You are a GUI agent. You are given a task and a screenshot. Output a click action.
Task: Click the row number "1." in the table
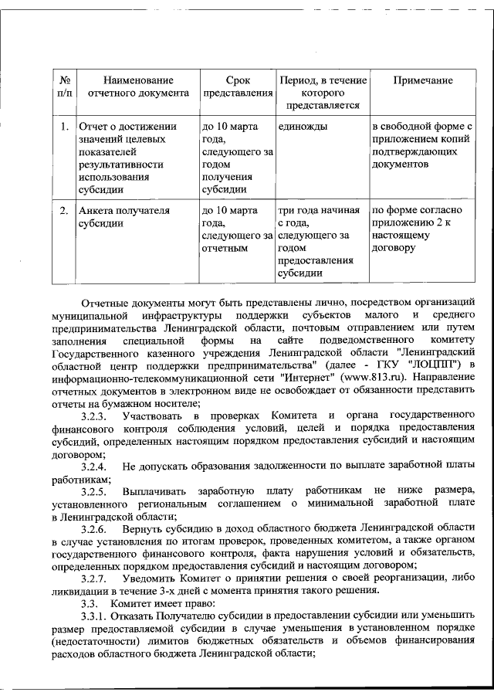point(65,126)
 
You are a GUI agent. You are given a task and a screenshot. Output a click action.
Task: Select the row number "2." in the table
point(65,209)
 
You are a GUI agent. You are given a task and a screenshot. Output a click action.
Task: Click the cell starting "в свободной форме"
point(421,145)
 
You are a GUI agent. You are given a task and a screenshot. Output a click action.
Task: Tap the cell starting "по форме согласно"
point(417,229)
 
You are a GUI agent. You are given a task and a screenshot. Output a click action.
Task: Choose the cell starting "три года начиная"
point(320,241)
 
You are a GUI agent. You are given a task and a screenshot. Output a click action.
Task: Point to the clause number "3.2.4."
point(96,467)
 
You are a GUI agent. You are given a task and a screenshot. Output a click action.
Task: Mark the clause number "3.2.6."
point(96,529)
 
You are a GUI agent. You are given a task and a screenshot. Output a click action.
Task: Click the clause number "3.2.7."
point(96,579)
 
